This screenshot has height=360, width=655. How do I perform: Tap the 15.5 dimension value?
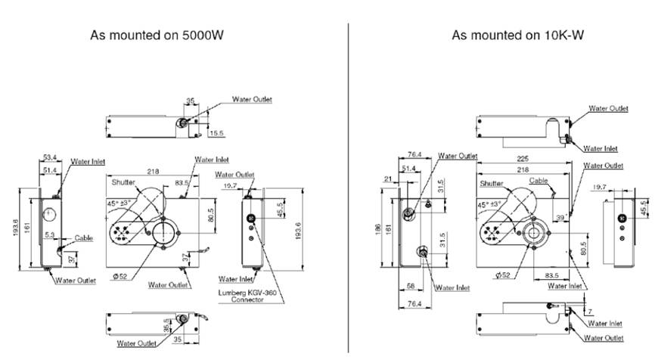click(x=216, y=133)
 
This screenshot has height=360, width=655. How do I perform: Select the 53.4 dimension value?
click(x=50, y=158)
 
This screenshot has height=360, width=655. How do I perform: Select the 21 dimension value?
click(x=389, y=178)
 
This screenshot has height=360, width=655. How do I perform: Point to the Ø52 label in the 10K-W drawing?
click(x=504, y=274)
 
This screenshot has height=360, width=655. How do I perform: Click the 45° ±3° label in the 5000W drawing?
click(x=123, y=203)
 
